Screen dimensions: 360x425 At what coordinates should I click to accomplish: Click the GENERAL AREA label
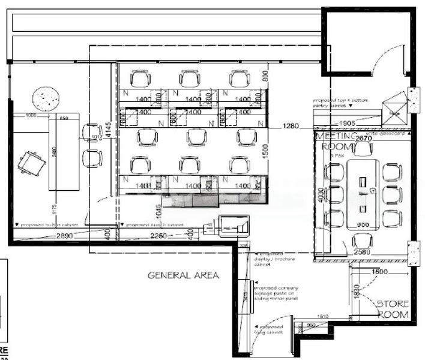point(184,275)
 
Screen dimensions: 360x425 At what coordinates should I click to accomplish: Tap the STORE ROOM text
point(393,309)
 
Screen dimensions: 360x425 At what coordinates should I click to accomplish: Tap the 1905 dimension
point(348,123)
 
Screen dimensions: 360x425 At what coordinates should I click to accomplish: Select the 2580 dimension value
point(361,253)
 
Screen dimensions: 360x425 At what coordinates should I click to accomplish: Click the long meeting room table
point(363,193)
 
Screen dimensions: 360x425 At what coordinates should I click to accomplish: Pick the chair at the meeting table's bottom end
point(362,240)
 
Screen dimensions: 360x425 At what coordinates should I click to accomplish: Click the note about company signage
point(279,292)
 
